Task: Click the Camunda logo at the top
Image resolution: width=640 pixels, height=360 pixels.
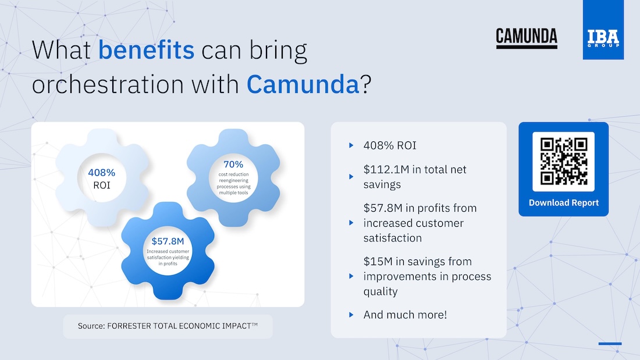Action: click(527, 38)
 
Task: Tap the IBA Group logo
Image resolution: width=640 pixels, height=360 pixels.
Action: click(603, 30)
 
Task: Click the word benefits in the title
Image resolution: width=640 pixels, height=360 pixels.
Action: click(146, 50)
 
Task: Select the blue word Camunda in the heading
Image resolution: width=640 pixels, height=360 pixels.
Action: click(303, 84)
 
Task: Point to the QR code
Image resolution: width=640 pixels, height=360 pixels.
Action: click(563, 161)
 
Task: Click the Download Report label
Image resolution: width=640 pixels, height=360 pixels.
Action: click(564, 203)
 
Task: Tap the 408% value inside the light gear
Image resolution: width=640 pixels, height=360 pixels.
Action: click(102, 173)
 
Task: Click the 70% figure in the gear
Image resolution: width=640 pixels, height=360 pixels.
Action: click(233, 165)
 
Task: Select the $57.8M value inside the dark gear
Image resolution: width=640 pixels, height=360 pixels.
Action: click(168, 241)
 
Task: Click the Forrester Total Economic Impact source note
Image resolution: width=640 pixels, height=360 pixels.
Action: click(168, 326)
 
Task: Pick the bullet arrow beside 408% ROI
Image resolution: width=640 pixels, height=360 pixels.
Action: click(351, 145)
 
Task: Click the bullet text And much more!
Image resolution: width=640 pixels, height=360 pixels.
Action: click(405, 315)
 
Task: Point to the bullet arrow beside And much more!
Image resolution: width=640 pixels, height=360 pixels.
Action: click(351, 315)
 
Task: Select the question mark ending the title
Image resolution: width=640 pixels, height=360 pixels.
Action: click(366, 84)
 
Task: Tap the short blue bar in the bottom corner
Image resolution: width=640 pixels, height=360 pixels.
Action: click(610, 344)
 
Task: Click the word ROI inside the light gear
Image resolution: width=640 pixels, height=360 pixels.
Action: click(102, 186)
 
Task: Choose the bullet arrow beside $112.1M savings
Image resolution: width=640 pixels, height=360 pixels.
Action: click(351, 177)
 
